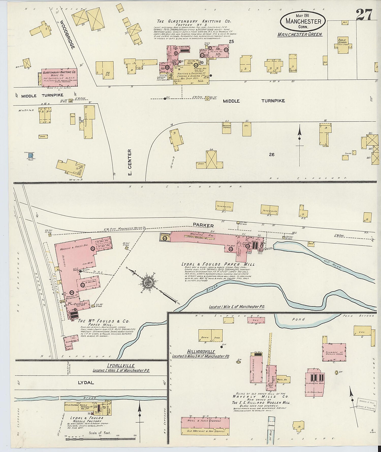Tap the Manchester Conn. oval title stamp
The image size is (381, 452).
click(x=303, y=22)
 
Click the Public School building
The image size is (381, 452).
click(x=343, y=46)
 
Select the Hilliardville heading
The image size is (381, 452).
click(x=201, y=352)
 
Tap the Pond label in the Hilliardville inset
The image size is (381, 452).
click(x=298, y=319)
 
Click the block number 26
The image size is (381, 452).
click(x=272, y=154)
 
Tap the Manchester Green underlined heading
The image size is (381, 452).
click(x=300, y=34)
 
